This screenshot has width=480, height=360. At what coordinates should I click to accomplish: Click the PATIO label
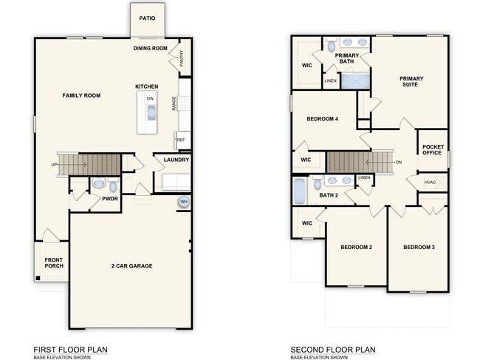click(x=147, y=18)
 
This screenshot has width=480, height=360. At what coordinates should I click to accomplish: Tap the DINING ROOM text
click(x=150, y=49)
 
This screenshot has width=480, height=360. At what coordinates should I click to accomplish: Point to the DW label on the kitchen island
click(x=150, y=98)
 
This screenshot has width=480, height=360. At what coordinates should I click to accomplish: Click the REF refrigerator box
click(x=181, y=140)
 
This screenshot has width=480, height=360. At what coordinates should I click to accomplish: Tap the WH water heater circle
click(x=182, y=202)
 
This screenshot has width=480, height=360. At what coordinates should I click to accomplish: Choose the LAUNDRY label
click(x=176, y=160)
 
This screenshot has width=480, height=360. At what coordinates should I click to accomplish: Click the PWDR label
click(x=110, y=198)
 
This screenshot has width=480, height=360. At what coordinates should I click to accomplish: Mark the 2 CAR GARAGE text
click(x=131, y=265)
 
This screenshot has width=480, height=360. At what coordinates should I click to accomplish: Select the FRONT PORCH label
click(x=53, y=263)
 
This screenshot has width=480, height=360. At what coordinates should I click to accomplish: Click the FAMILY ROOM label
click(x=81, y=95)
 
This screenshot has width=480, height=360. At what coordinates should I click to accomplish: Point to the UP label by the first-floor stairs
click(x=54, y=164)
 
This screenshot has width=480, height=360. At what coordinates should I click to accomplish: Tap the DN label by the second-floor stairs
click(x=399, y=162)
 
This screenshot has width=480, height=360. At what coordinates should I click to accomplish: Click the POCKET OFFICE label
click(x=432, y=149)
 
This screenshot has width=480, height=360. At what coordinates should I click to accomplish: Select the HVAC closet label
click(x=430, y=182)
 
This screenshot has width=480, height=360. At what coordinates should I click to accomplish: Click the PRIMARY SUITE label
click(x=410, y=81)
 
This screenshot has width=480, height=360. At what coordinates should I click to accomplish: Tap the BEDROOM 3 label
click(x=419, y=247)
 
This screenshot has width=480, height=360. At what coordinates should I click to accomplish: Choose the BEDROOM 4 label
click(x=322, y=118)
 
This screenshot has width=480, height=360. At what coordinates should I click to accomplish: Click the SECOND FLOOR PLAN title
click(x=332, y=350)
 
